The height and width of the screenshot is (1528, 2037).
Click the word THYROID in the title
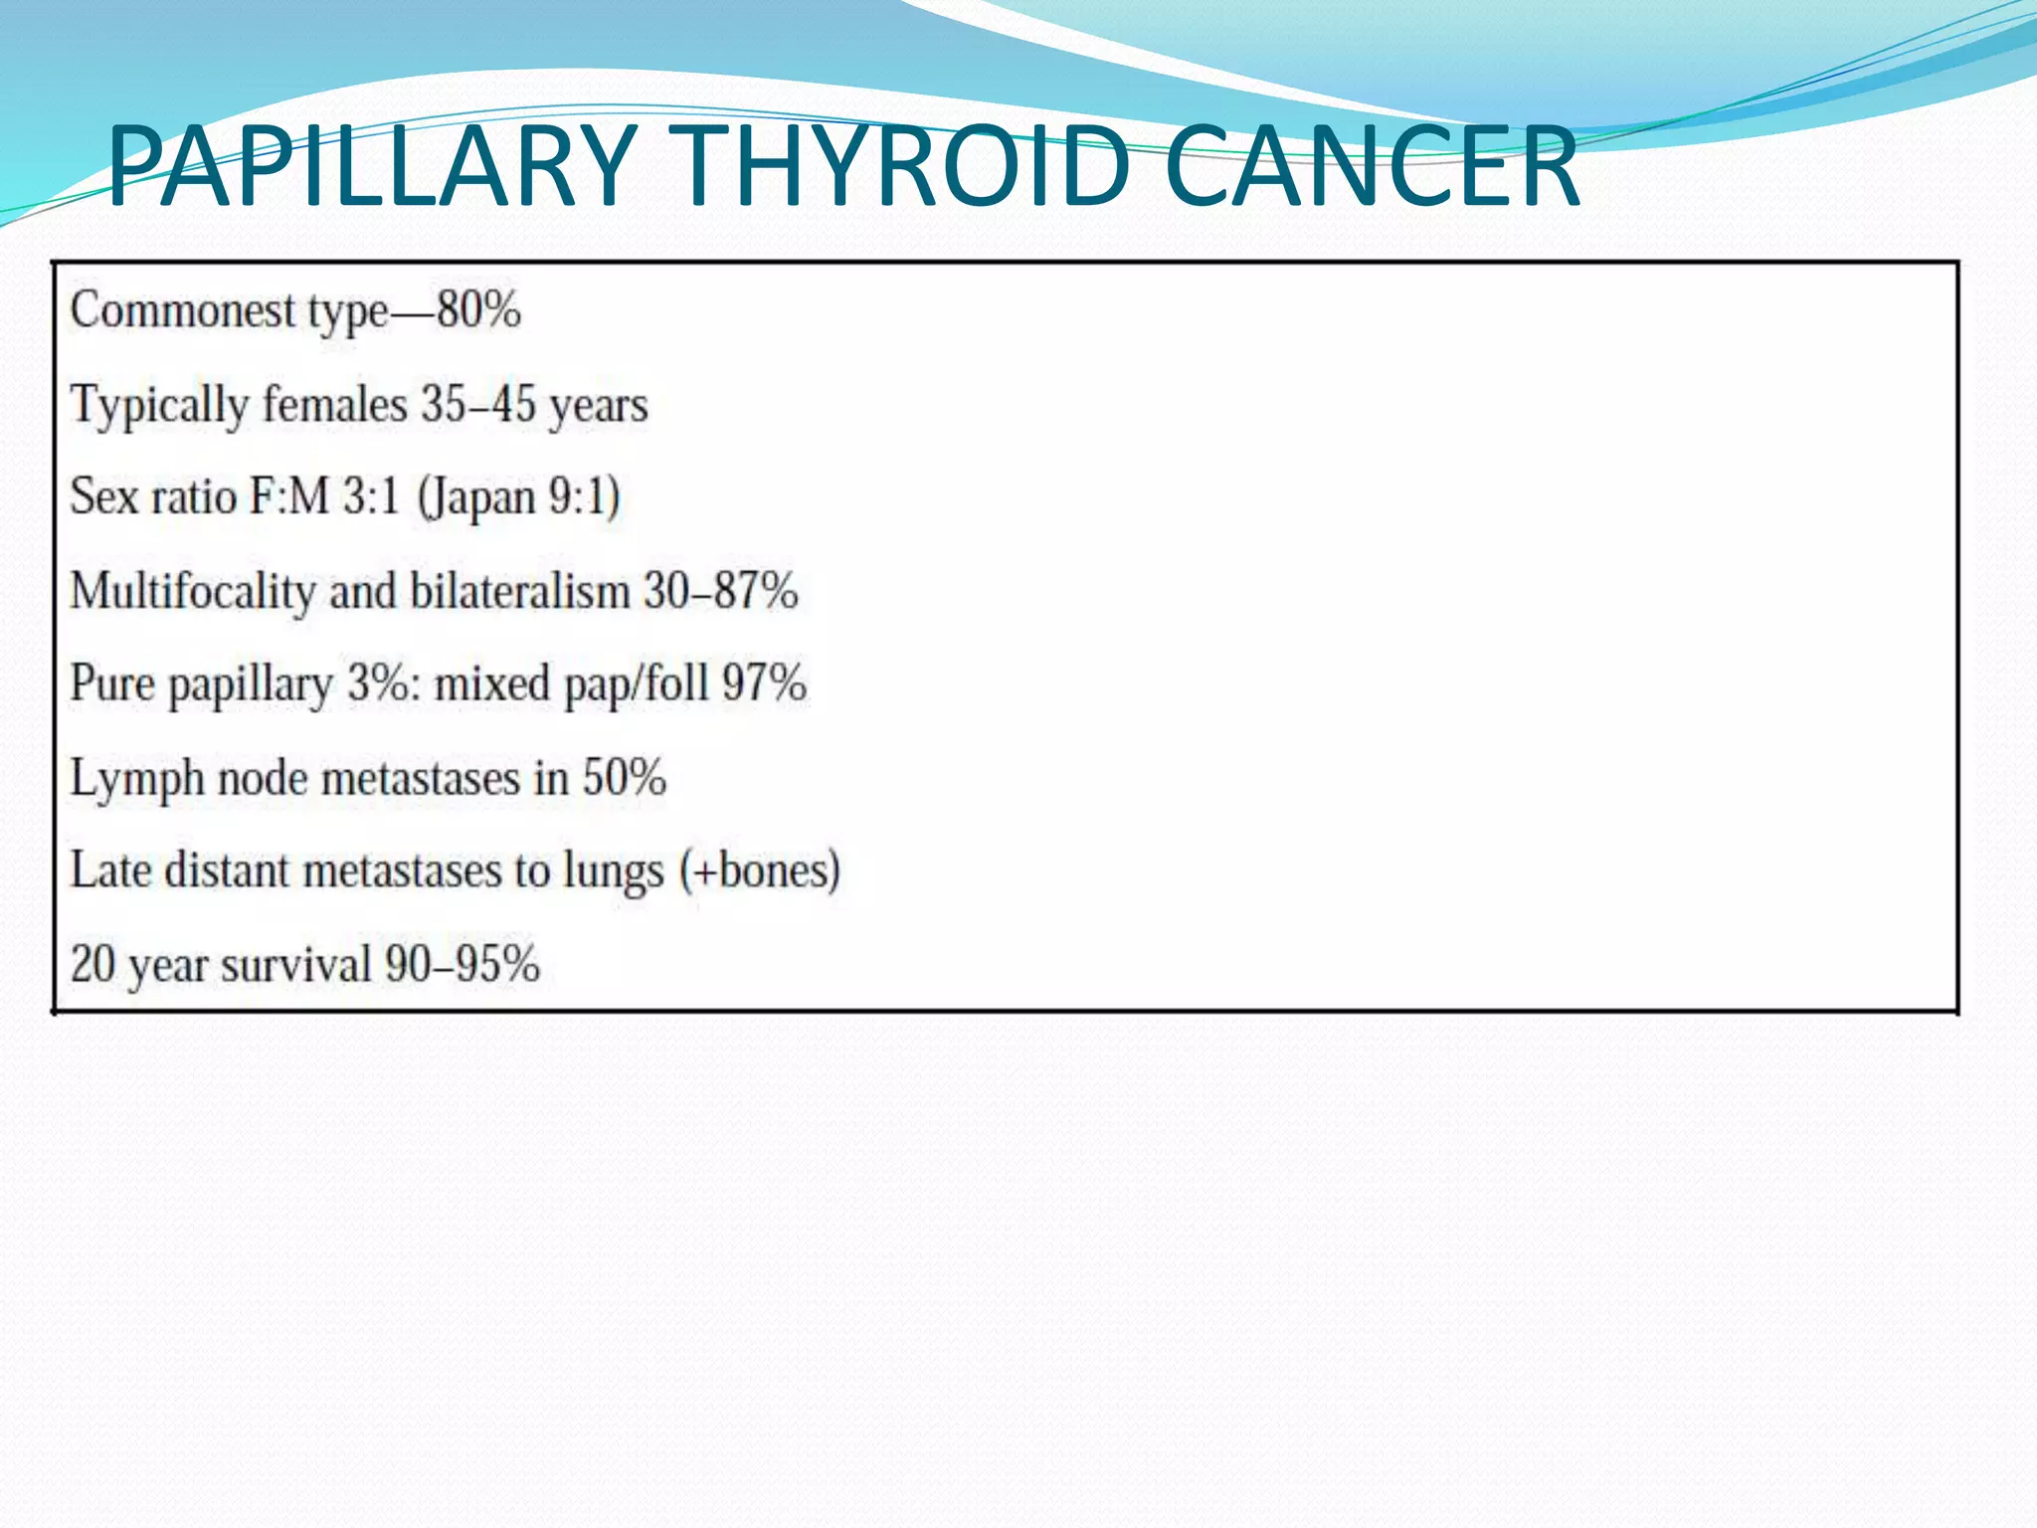coord(905,166)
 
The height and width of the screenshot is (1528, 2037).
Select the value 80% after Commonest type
coord(478,310)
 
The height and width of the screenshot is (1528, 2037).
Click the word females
coord(335,404)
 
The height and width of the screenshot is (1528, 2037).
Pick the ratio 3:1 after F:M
coord(370,496)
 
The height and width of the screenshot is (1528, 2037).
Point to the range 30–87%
coord(720,591)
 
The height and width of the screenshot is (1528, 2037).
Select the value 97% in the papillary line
coord(764,684)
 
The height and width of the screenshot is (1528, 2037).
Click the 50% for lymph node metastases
coord(624,778)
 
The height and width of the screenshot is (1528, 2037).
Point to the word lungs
coord(613,871)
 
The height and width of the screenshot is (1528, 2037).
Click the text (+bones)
coord(760,871)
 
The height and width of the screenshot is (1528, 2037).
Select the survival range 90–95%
coord(463,964)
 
